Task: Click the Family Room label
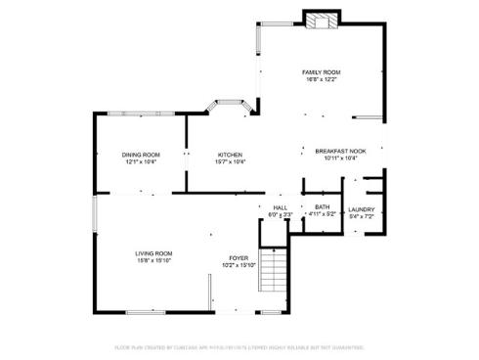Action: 320,72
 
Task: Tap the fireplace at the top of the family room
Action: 321,20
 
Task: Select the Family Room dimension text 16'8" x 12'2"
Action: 320,79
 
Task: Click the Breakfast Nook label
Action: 339,151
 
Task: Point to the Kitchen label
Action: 230,155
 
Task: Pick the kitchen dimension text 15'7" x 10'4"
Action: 230,161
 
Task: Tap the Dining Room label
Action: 141,155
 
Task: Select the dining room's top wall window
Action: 139,114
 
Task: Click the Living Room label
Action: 154,253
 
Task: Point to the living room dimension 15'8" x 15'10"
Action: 154,261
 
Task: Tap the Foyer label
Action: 239,257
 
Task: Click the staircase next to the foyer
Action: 275,266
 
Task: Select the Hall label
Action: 281,207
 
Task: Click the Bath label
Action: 322,207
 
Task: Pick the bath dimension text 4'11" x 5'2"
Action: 322,214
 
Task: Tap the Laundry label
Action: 361,208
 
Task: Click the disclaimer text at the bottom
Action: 239,346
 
